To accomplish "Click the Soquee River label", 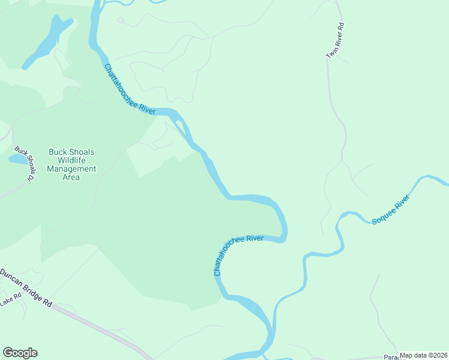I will [x=391, y=209].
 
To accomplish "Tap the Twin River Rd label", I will [x=335, y=41].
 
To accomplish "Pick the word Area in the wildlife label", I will [x=71, y=177].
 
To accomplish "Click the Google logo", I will [x=20, y=353].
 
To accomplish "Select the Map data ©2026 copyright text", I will [x=423, y=355].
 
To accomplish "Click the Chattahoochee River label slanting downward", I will [x=130, y=89].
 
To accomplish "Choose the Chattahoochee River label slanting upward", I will [x=238, y=255].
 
